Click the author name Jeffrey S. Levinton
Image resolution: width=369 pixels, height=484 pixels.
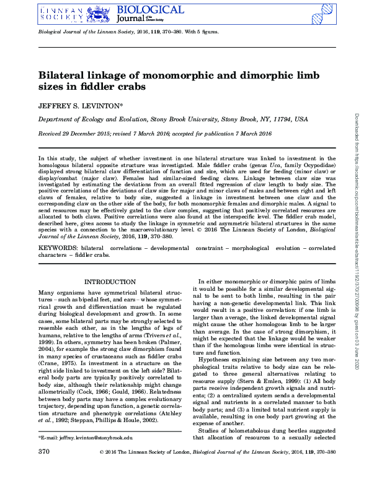coord(81,105)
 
